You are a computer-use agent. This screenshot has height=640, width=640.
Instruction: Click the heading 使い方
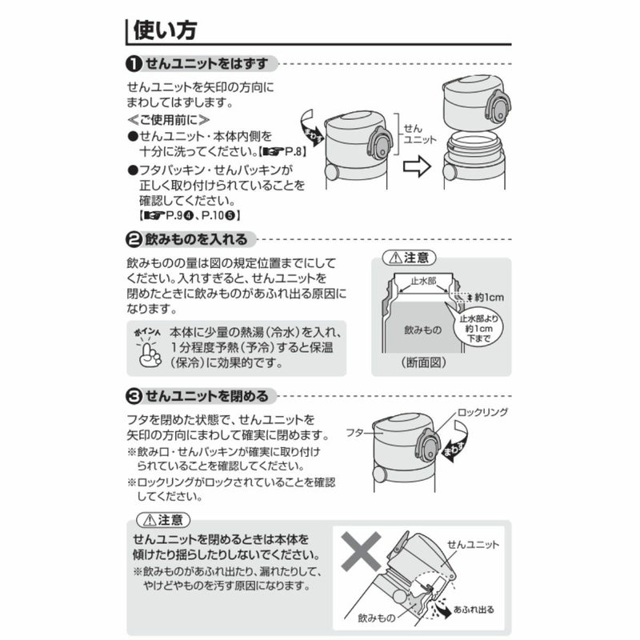click(x=165, y=30)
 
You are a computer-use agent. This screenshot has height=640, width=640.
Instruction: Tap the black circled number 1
click(x=134, y=64)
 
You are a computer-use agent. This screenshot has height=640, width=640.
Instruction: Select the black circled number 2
click(x=134, y=239)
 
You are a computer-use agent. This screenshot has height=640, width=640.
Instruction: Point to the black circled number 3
click(x=134, y=396)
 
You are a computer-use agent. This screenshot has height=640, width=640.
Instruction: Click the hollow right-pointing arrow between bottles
click(x=417, y=166)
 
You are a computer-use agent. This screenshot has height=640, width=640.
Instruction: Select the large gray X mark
click(x=362, y=551)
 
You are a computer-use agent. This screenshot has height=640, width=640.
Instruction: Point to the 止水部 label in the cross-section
click(x=423, y=281)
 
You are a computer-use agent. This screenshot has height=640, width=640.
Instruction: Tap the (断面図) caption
click(x=424, y=362)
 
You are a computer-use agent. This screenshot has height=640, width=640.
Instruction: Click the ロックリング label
click(x=482, y=412)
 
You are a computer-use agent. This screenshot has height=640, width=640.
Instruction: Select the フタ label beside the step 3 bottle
click(x=354, y=432)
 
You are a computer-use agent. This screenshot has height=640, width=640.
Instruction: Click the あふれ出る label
click(x=474, y=610)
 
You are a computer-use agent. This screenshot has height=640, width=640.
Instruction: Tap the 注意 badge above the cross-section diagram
click(x=410, y=258)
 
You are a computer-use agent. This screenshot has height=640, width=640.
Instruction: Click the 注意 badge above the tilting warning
click(x=163, y=520)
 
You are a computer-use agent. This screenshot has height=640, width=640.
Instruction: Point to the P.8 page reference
click(x=293, y=152)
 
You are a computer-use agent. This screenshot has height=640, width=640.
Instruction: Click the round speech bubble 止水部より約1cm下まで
click(x=478, y=329)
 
